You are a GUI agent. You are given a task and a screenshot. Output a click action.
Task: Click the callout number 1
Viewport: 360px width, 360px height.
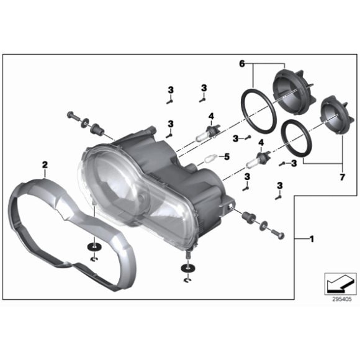(x=312, y=238)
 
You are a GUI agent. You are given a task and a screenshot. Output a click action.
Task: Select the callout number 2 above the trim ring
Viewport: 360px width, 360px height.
(x=45, y=164)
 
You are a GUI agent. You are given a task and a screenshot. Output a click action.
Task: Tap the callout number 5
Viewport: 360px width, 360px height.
(x=227, y=156)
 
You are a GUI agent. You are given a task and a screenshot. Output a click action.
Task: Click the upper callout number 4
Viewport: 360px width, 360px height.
(x=210, y=116)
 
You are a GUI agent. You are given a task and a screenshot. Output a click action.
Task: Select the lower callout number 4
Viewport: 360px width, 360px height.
(x=261, y=144)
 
